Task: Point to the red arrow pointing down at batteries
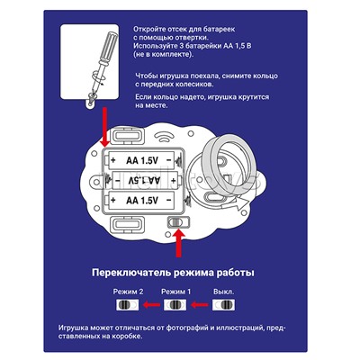click(104, 127)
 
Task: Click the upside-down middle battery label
click(144, 180)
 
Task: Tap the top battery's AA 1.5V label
click(142, 160)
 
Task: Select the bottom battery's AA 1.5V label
click(142, 200)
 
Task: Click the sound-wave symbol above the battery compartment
click(165, 138)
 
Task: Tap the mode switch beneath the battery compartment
click(178, 222)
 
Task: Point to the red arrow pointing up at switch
click(179, 243)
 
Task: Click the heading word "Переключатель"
click(132, 273)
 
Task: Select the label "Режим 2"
click(128, 292)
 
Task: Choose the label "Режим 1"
click(175, 292)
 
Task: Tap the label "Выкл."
click(224, 292)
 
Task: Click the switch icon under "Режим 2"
click(128, 305)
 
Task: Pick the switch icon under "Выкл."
click(224, 305)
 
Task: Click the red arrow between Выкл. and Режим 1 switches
click(200, 305)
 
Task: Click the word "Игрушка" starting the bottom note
click(74, 328)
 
